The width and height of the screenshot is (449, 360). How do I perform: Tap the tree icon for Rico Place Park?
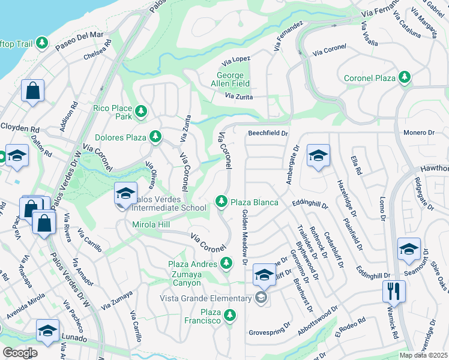click(x=141, y=111)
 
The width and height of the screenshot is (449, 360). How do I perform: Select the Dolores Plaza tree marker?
click(x=155, y=137)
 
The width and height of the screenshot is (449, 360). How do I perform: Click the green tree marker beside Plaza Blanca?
click(x=222, y=202)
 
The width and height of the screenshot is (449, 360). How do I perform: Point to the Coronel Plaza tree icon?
click(x=405, y=78)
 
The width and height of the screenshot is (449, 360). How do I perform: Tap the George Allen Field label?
click(x=233, y=79)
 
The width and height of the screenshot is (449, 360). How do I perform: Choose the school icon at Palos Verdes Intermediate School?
click(x=125, y=193)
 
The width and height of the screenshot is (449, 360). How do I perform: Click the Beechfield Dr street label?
click(x=268, y=133)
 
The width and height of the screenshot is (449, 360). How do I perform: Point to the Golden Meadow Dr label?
click(x=244, y=236)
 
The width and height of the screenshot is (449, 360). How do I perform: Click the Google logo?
click(x=20, y=352)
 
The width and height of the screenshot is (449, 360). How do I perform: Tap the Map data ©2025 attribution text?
click(x=424, y=355)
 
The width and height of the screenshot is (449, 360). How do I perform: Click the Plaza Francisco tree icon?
click(x=229, y=315)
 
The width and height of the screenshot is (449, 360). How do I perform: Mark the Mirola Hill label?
click(x=151, y=224)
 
